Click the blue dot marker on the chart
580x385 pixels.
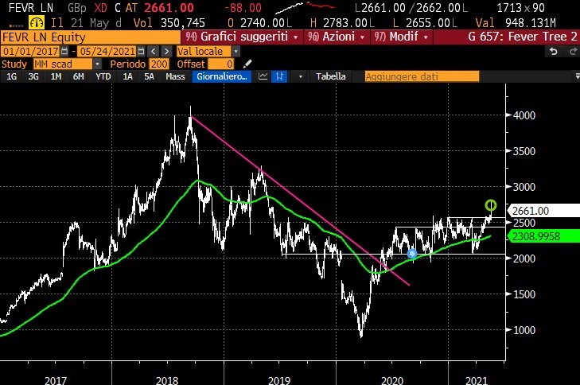[411, 254]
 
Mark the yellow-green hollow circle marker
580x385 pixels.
[491, 205]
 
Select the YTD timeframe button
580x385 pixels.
[103, 76]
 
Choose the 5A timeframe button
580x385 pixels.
[149, 76]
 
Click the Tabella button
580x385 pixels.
[331, 76]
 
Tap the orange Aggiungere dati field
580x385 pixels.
[422, 76]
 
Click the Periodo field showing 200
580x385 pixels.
[159, 64]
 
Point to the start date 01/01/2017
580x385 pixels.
[28, 51]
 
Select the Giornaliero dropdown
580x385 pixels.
[223, 76]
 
